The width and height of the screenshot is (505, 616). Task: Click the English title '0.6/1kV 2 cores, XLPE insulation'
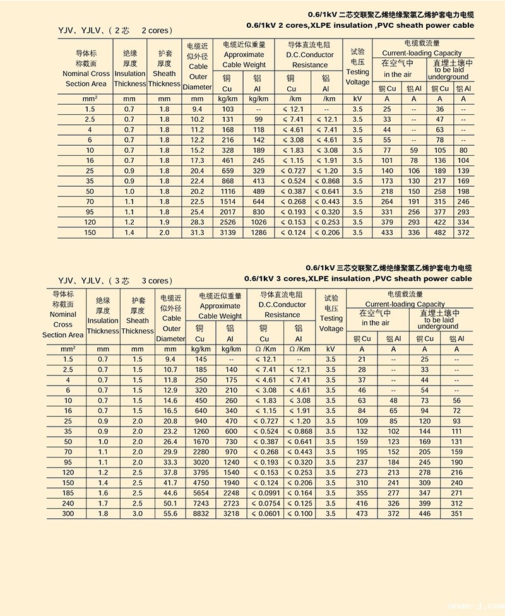point(359,25)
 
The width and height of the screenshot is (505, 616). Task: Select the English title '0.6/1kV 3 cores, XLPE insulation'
point(358,278)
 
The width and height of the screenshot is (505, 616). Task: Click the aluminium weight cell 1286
point(259,233)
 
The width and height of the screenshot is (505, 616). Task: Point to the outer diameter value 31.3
point(198,233)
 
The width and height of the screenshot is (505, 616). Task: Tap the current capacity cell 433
point(387,233)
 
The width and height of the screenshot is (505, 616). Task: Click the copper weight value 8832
point(201,514)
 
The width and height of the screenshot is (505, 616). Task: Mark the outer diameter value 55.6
point(170,514)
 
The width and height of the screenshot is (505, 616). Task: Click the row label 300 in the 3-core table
point(68,514)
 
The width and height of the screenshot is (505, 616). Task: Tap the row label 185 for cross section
point(68,493)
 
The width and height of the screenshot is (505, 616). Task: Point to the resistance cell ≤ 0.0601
point(264,514)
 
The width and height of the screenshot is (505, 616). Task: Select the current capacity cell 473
point(362,514)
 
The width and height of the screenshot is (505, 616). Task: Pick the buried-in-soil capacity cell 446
point(424,514)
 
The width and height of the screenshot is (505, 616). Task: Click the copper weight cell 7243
point(201,504)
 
